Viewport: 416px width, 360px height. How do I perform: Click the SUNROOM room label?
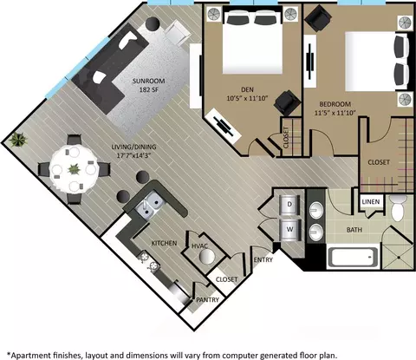[148, 81]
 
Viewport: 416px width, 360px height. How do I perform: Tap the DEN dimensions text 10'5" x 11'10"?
[248, 98]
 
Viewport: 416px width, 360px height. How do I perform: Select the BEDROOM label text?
[335, 104]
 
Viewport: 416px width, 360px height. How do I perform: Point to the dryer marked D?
[289, 204]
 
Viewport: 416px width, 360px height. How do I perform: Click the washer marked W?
[289, 230]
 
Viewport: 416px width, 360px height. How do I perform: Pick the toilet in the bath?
[399, 208]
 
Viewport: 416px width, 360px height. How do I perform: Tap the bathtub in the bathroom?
[353, 257]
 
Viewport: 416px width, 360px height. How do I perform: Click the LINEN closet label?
[371, 201]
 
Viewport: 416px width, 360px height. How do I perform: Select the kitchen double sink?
[148, 204]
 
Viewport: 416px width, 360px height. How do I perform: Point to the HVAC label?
[199, 246]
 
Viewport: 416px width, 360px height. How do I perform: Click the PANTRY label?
[207, 300]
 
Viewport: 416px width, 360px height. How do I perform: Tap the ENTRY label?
[263, 260]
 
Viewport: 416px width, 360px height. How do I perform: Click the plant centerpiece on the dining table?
[74, 169]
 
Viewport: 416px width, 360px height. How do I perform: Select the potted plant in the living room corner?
[18, 140]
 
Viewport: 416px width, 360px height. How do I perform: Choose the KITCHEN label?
[164, 243]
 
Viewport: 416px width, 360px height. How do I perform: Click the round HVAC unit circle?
[207, 256]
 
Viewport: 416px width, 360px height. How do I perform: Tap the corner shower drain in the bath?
[398, 257]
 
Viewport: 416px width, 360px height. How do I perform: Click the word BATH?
[354, 230]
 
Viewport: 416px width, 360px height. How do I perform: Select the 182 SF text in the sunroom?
[149, 90]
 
